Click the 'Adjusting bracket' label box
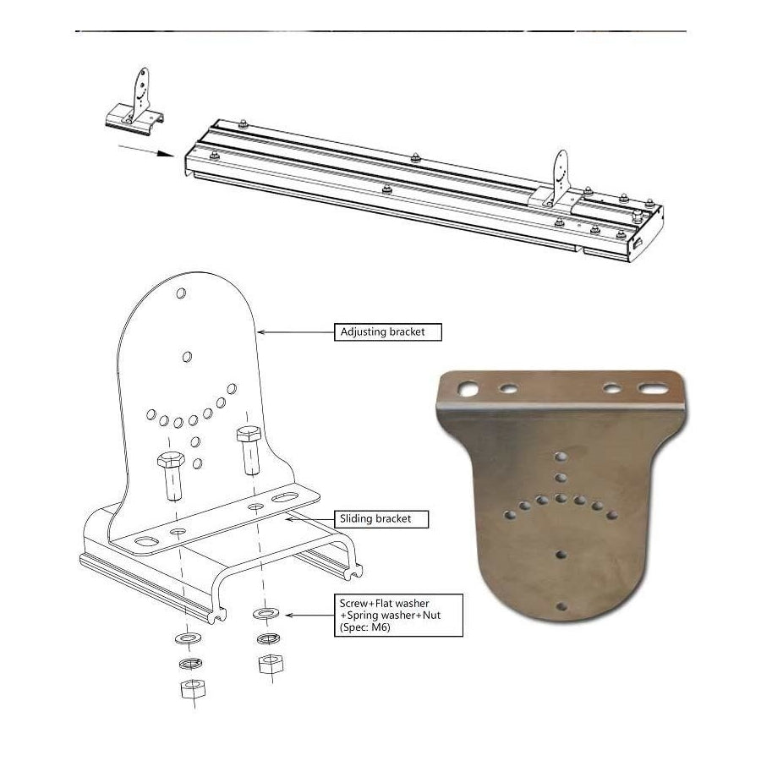[x=388, y=332]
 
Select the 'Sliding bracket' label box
[x=381, y=519]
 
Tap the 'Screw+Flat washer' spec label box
[x=398, y=616]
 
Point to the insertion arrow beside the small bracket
[x=146, y=151]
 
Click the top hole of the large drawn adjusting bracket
[x=181, y=293]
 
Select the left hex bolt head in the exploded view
[x=170, y=459]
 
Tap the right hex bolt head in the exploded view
[x=249, y=433]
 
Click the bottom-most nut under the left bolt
[x=193, y=688]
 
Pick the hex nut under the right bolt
[x=271, y=664]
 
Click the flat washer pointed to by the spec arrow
[x=266, y=614]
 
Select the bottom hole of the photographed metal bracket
[x=561, y=606]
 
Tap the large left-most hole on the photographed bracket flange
[x=468, y=388]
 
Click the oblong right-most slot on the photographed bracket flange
[x=652, y=389]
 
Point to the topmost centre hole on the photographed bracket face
[x=561, y=457]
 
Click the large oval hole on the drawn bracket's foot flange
[x=145, y=541]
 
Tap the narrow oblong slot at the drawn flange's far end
[x=285, y=497]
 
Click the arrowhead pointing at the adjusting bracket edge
[x=260, y=332]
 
